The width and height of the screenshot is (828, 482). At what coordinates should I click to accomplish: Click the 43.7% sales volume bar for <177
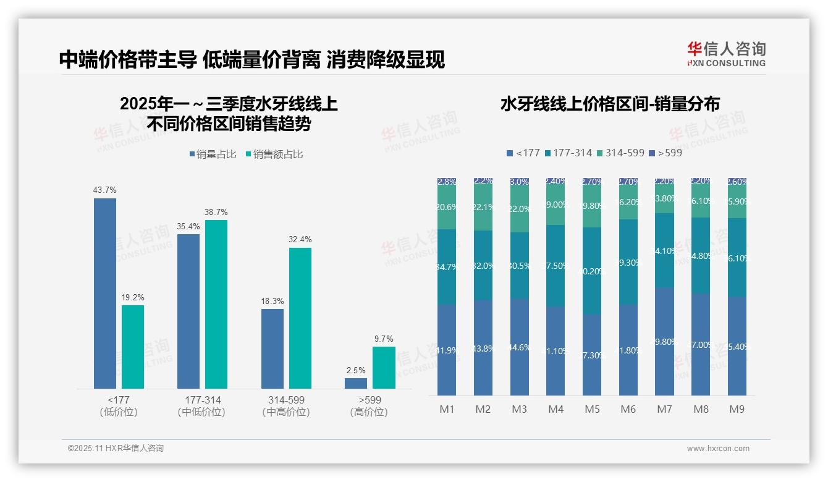(x=104, y=293)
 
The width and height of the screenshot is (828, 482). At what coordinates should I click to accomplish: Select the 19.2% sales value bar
(x=133, y=347)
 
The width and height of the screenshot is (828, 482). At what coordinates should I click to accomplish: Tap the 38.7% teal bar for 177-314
(x=216, y=304)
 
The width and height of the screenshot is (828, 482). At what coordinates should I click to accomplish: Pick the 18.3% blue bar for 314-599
(x=272, y=349)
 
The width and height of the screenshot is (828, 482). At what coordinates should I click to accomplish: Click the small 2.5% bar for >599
(x=355, y=383)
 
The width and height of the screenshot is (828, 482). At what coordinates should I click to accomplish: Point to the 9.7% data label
(x=384, y=339)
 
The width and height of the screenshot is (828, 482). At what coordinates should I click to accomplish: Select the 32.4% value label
(x=300, y=239)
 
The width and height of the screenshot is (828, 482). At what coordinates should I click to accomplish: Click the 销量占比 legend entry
(x=213, y=154)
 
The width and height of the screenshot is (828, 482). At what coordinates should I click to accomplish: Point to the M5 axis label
(x=592, y=409)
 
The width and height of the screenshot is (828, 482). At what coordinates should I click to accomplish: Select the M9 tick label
(x=737, y=409)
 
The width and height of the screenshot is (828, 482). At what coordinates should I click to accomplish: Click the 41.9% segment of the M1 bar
(x=446, y=350)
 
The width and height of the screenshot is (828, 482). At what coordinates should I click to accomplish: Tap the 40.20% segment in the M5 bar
(x=592, y=271)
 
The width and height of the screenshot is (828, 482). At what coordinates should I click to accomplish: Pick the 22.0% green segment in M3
(x=519, y=209)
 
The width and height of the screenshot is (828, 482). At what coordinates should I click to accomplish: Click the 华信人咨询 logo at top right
(x=727, y=54)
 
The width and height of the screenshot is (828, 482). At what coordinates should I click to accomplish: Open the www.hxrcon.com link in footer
(x=718, y=449)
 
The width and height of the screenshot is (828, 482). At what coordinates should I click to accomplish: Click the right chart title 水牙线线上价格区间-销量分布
(x=609, y=104)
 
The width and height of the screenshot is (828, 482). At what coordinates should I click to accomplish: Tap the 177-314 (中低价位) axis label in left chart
(x=202, y=406)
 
